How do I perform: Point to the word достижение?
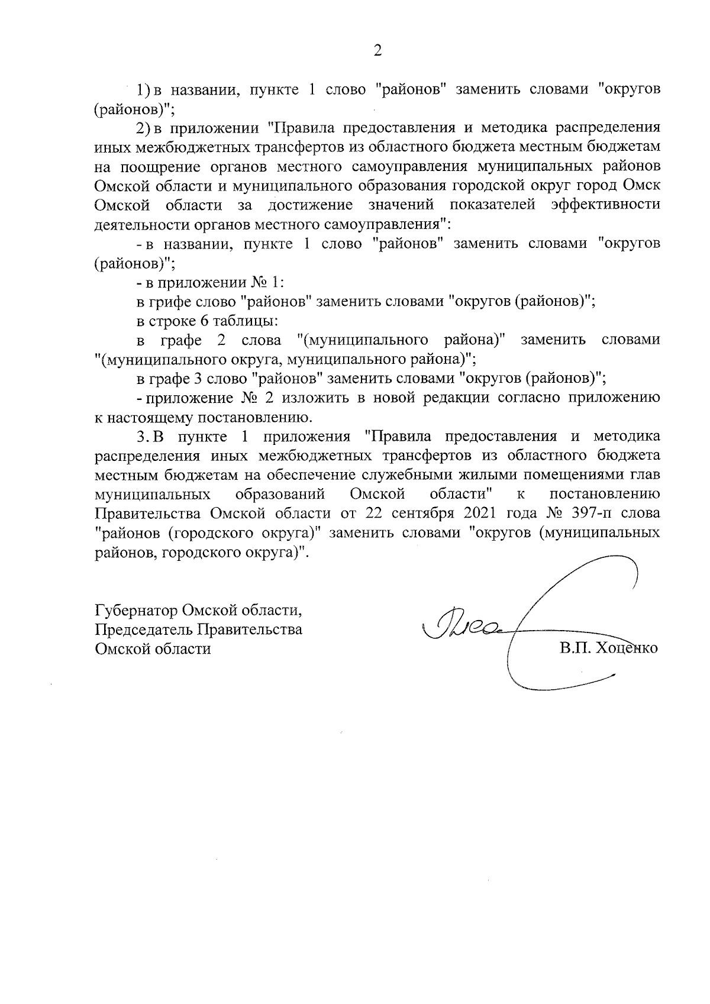[x=310, y=205]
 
